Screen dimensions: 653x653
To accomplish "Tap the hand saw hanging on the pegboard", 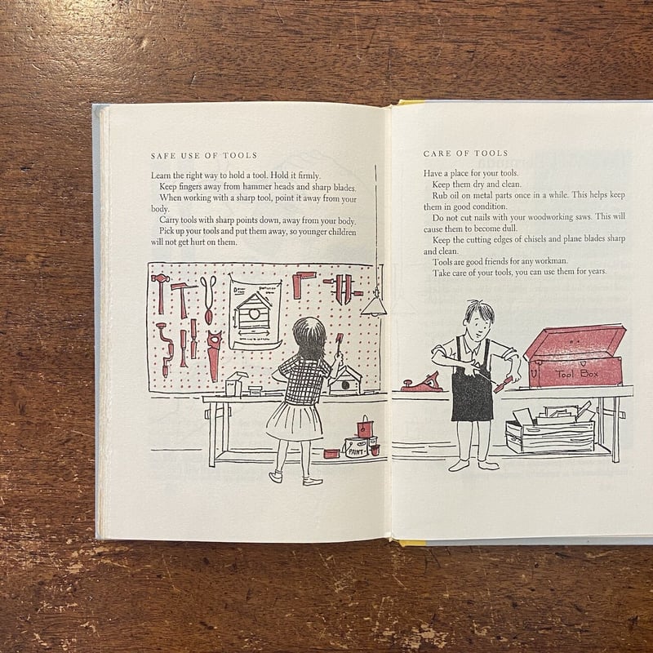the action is pos(214,355).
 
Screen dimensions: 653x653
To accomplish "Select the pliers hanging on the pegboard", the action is pos(208,300).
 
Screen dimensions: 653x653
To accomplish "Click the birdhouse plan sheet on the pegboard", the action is pos(255,314).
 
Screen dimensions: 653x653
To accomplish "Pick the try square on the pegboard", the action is pos(302,283).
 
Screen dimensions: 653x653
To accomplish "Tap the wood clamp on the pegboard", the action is pos(344,288).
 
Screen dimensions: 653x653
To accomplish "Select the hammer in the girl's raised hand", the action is pos(338,344).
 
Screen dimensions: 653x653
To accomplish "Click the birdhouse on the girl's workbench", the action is pos(345,380).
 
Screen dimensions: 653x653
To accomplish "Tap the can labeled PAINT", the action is pos(356,447).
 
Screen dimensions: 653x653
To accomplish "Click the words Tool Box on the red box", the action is pos(577,374).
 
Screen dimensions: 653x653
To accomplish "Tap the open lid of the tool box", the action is pos(575,341).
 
